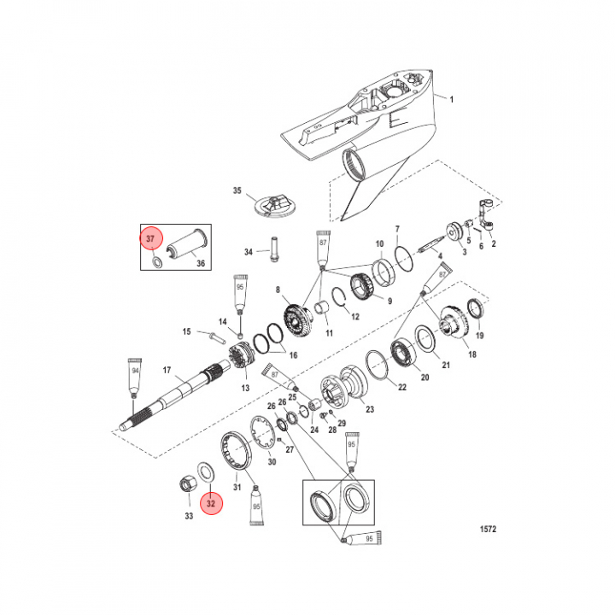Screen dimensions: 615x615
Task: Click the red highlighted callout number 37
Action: click(x=150, y=238)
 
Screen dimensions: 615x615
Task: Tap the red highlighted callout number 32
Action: click(x=210, y=503)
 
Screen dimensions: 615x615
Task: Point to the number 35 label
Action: click(x=237, y=192)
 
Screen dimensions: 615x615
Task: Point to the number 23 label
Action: click(x=370, y=410)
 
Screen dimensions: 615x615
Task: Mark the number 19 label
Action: click(x=479, y=336)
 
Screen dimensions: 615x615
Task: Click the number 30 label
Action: click(x=272, y=462)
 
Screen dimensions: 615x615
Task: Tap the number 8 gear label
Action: click(x=278, y=290)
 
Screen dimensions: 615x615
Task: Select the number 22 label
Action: click(x=401, y=386)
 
